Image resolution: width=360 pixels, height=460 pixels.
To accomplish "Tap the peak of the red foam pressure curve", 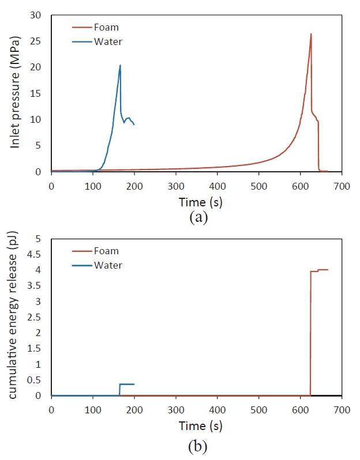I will point(311,34).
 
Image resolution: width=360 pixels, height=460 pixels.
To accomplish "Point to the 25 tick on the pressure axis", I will point(39,42).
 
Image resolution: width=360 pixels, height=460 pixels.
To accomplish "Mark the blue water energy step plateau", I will point(127,384).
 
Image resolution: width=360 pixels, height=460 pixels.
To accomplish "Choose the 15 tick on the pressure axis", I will point(39,93).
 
